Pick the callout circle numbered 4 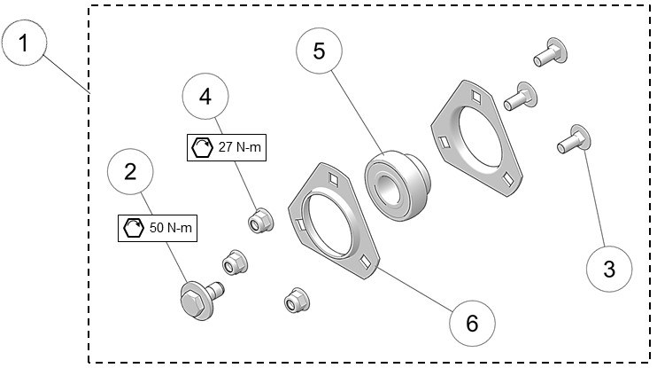pos(205,97)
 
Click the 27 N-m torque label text pos(240,146)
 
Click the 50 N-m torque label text pos(169,228)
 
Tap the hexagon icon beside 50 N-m pos(134,228)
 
